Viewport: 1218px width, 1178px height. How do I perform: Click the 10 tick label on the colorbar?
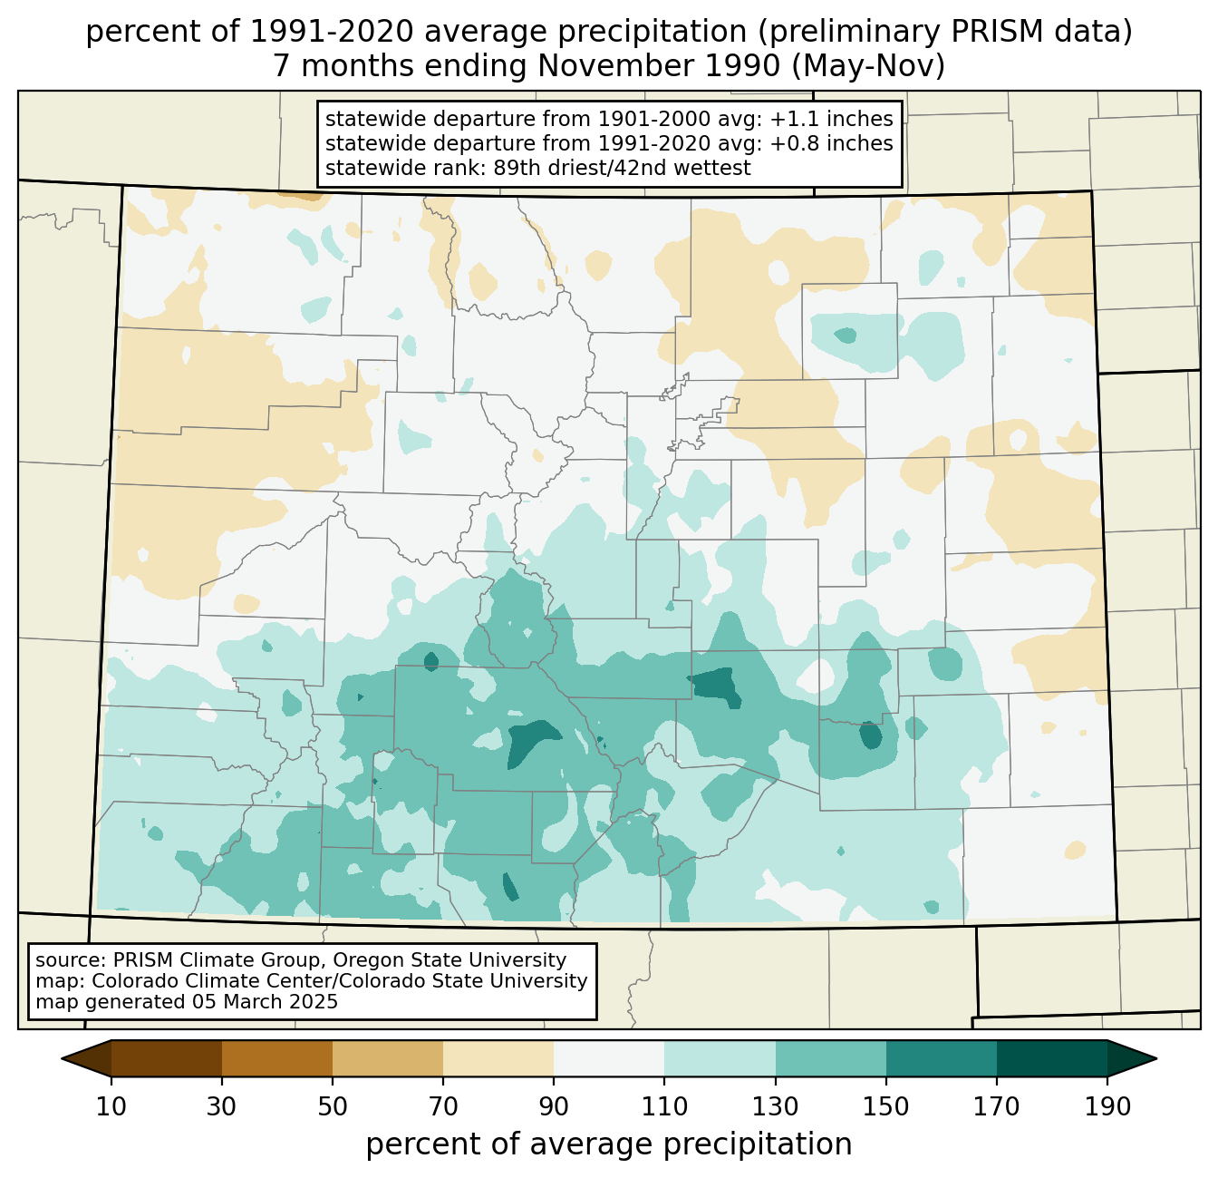click(x=111, y=1107)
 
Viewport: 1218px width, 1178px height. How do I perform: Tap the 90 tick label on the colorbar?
click(x=554, y=1107)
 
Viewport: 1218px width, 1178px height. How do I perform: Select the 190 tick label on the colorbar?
click(x=1107, y=1107)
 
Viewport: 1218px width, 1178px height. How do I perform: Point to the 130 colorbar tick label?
click(x=776, y=1107)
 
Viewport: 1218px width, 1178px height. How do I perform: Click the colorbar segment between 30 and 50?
click(x=277, y=1058)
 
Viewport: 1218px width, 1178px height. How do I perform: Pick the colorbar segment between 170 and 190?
click(x=1052, y=1058)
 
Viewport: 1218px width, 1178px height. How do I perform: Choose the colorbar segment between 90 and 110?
click(x=609, y=1058)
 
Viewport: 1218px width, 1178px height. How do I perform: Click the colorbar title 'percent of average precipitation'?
click(x=609, y=1144)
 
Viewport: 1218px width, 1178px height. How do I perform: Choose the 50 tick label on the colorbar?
click(x=333, y=1107)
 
